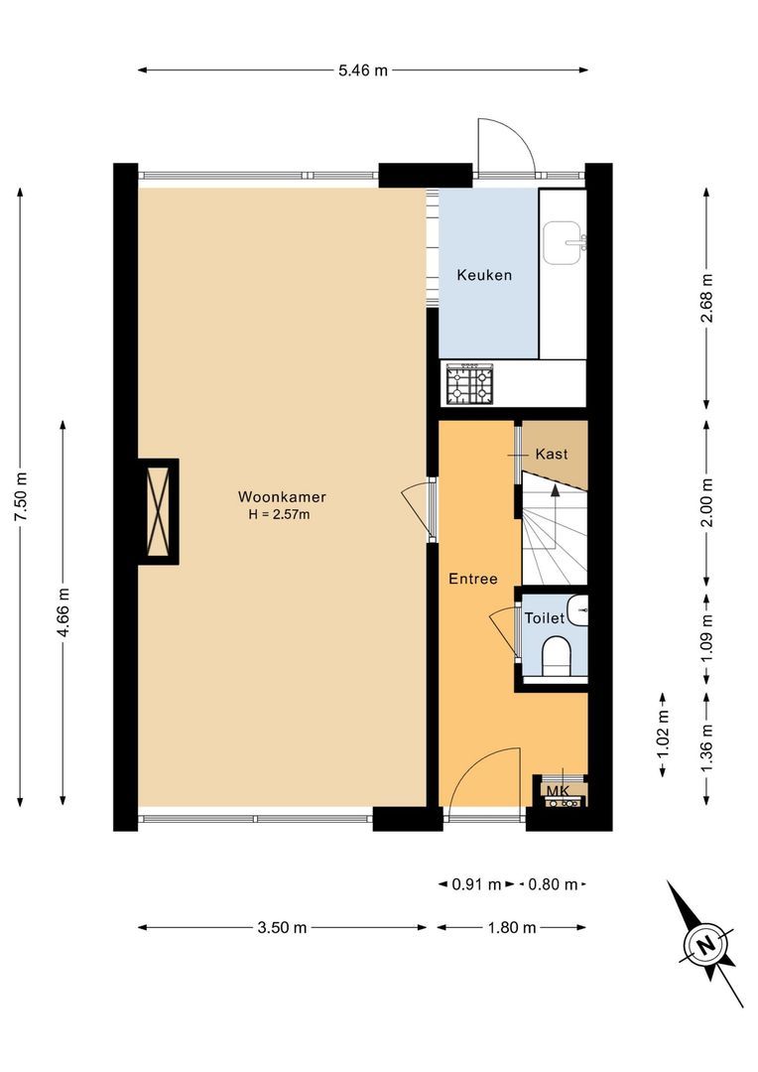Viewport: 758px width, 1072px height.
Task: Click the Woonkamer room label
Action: tap(282, 496)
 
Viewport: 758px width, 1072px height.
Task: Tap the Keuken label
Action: tap(484, 275)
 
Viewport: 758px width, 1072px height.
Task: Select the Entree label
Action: tap(471, 579)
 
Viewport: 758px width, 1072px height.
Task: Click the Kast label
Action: tap(551, 454)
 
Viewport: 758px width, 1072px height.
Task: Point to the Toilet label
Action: tap(544, 617)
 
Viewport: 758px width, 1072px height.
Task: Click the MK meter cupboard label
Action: tap(556, 790)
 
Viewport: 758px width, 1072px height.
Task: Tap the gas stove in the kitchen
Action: tap(469, 383)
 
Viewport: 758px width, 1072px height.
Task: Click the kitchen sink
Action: tap(565, 242)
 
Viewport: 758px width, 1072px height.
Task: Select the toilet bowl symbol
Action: tap(558, 656)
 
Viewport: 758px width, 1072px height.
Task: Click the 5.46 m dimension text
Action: tap(362, 70)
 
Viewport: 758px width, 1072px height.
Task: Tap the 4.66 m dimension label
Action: tap(63, 615)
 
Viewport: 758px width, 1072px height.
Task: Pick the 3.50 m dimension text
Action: tap(282, 928)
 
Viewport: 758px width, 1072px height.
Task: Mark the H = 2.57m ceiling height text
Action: tap(282, 514)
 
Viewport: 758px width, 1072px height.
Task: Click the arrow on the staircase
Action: tap(555, 490)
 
